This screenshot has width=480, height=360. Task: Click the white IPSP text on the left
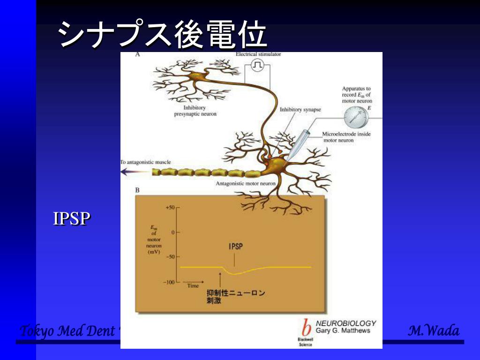pos(71,219)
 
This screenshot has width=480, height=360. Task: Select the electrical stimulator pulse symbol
pos(257,66)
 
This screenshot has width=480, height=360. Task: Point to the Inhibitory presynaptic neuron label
pos(195,111)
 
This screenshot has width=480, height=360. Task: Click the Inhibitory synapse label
pos(300,110)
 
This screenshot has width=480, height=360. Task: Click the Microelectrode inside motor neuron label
pos(346,137)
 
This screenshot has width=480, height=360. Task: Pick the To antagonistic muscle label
pos(146,162)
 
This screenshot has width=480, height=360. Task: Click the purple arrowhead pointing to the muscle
pos(126,172)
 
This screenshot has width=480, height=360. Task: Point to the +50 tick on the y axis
pos(170,207)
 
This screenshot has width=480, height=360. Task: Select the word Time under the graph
pos(193,285)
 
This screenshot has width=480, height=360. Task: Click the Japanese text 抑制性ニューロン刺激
pos(236,297)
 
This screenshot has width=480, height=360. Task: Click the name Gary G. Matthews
pos(343,330)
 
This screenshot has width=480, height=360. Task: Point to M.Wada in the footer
pos(434,331)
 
